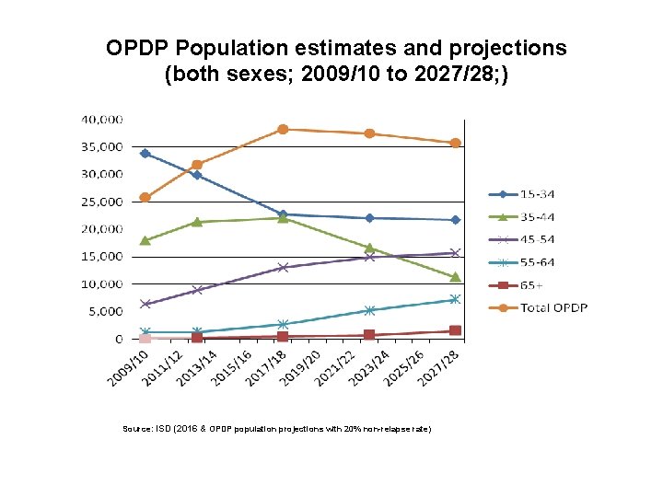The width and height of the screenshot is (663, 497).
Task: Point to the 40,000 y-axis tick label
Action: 102,120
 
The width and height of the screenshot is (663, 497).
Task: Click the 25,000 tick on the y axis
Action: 102,202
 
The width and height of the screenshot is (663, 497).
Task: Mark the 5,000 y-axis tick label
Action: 106,312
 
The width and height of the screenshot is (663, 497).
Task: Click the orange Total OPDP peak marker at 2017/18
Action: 283,130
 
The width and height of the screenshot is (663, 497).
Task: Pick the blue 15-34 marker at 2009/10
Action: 145,154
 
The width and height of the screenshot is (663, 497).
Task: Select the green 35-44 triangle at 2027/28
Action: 455,277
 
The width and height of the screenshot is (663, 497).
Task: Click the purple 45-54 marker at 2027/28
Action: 455,253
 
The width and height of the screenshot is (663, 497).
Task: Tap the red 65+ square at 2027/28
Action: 455,330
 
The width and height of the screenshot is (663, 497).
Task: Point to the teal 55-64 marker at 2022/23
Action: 369,310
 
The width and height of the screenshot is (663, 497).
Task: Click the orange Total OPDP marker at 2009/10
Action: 145,197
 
